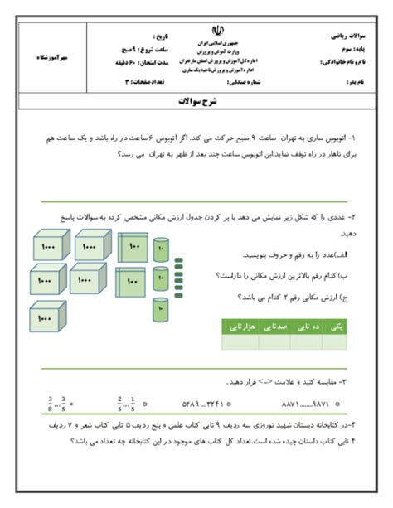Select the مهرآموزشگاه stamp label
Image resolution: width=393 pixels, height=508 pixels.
[x=49, y=57]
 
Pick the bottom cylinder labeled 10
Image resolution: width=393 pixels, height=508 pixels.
[x=161, y=311]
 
